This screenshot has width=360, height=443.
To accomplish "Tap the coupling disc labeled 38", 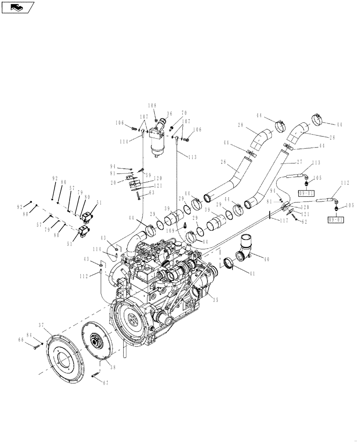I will click(97, 341).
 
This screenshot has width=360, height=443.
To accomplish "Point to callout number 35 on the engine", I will click(215, 300).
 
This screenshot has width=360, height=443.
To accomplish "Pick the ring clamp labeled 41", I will click(227, 263).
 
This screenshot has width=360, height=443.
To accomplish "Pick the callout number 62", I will click(304, 222).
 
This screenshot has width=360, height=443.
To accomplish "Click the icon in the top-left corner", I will click(18, 7).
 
